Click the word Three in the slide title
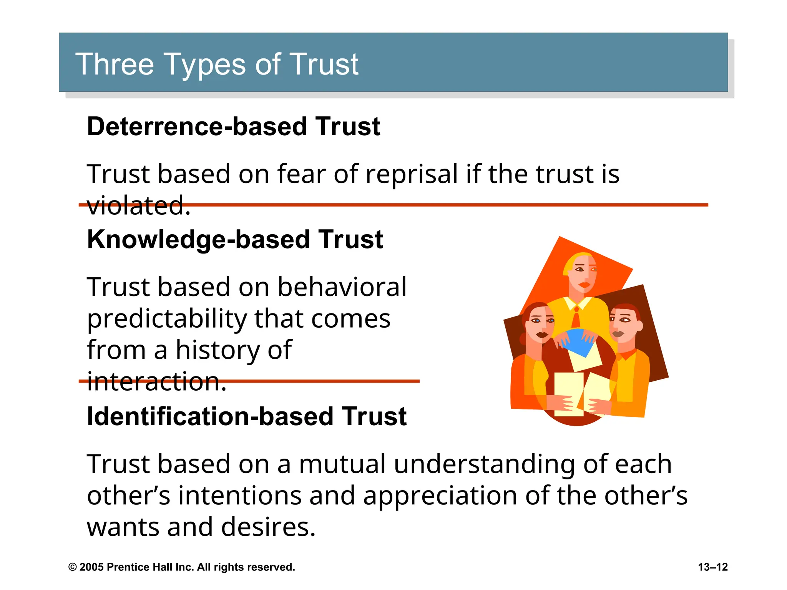(x=114, y=64)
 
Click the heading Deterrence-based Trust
(x=233, y=126)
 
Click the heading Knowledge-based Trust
(x=235, y=239)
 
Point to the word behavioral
(x=342, y=287)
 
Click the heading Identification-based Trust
(x=246, y=416)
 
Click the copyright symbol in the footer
(x=72, y=567)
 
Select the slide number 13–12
(x=712, y=567)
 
